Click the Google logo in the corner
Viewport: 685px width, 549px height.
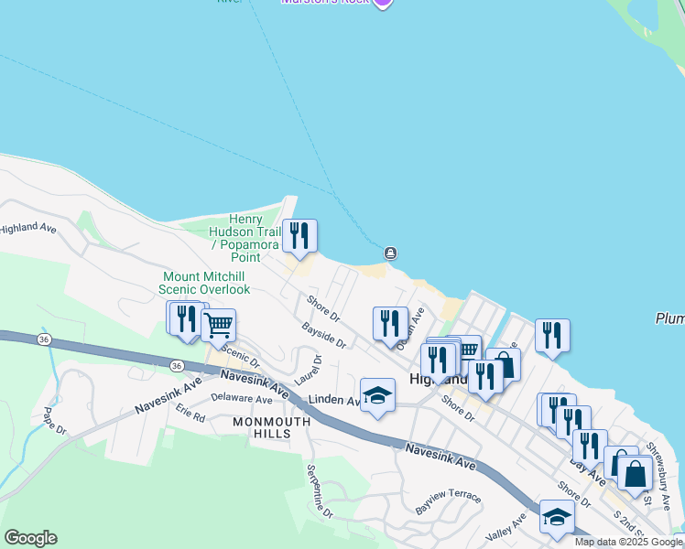(x=30, y=538)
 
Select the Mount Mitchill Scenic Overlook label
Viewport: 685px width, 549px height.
(x=206, y=283)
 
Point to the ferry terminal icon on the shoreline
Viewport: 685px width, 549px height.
(x=391, y=253)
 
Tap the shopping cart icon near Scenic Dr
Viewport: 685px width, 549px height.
(x=218, y=325)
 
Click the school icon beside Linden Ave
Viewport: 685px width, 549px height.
(x=377, y=395)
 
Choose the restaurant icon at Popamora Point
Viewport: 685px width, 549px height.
(x=299, y=236)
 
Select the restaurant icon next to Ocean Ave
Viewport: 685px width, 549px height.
(x=391, y=324)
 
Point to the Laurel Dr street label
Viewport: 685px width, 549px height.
(x=308, y=370)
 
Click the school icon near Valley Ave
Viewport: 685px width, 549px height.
(x=557, y=518)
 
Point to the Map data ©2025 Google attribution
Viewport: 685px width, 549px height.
(x=628, y=542)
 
